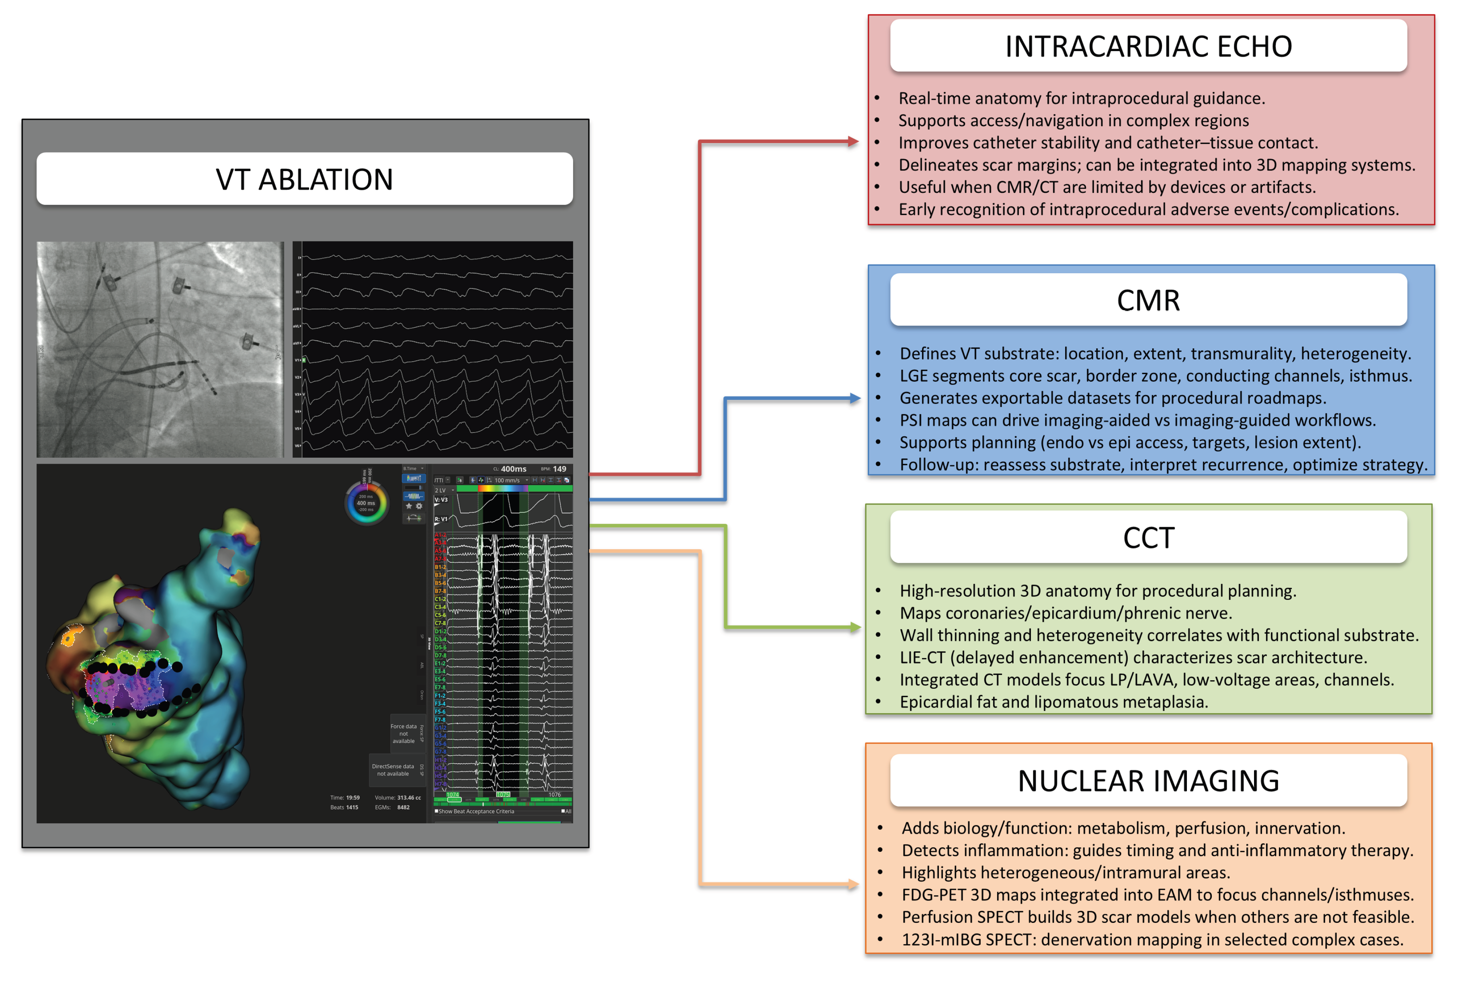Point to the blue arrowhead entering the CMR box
coord(854,398)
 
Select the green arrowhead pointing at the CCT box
coord(854,627)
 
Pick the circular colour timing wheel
coord(366,503)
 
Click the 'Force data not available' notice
coord(404,733)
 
